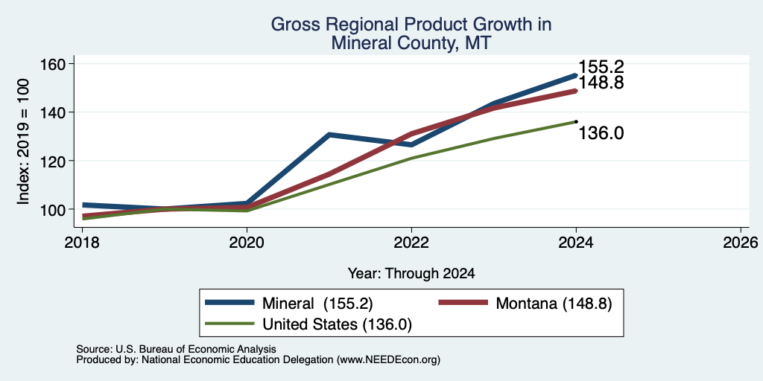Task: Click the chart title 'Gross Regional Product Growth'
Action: pos(411,25)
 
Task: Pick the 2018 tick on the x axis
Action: pos(82,242)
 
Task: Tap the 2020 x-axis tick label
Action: pos(247,242)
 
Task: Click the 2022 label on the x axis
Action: pos(411,242)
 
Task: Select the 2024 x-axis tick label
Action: pos(576,242)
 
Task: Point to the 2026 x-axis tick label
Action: pos(741,242)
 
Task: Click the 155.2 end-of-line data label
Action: pos(601,67)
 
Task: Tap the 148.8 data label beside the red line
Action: pos(601,83)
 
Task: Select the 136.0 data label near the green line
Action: pos(601,133)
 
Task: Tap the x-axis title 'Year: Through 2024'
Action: pos(411,274)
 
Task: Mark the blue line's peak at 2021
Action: pos(329,134)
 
